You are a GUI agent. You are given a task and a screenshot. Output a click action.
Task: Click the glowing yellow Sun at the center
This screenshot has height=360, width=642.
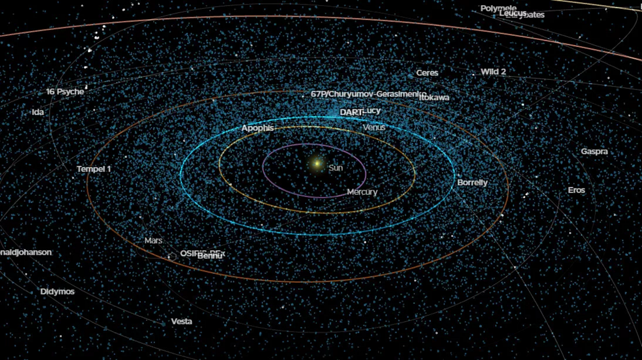coord(317,164)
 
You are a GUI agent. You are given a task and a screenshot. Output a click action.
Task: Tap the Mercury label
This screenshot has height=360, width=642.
coord(362,192)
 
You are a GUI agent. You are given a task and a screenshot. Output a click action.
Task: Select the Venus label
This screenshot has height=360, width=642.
coord(374,127)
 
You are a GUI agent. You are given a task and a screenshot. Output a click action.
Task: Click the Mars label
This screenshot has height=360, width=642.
coord(153,240)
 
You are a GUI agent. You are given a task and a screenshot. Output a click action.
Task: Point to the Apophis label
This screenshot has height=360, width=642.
coord(257,128)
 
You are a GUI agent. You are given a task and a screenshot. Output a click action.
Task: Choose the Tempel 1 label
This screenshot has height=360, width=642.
coord(94,169)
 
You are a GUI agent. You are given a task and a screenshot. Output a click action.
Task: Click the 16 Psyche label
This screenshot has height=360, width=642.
coord(65,92)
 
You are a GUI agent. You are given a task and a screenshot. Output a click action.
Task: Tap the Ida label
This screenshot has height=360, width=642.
coord(38,112)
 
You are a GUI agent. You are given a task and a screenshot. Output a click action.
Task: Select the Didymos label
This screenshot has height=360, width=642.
coord(57,292)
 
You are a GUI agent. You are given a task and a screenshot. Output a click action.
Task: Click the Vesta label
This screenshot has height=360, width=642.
coord(181,321)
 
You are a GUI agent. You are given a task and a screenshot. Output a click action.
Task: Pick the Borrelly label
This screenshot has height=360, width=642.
coord(472,183)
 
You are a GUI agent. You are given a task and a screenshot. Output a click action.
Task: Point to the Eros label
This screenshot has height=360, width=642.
coord(576,190)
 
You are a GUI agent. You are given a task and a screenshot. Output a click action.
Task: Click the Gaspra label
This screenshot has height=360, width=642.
coord(594,151)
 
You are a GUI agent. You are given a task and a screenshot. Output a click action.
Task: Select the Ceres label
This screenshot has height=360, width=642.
coord(427,73)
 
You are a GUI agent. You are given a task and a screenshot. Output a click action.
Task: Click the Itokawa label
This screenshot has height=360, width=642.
coord(434,98)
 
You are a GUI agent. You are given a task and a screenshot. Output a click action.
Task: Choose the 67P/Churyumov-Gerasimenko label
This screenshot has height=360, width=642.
coord(368,94)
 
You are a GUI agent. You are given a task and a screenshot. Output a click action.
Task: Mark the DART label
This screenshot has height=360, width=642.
coord(350,112)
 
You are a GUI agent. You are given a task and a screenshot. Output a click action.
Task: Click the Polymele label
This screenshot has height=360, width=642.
coord(498,8)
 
